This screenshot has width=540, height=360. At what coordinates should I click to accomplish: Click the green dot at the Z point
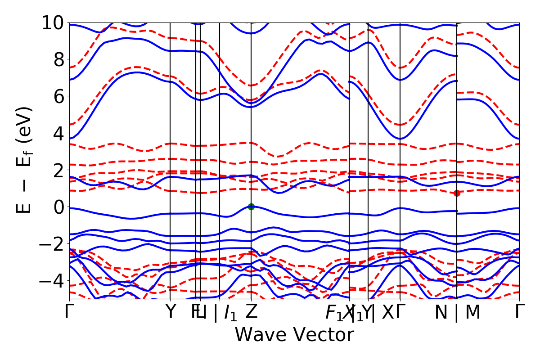pyautogui.click(x=251, y=207)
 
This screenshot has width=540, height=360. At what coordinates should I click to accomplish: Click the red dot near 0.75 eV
pyautogui.click(x=457, y=193)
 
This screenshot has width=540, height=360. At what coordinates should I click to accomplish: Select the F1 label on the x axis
pyautogui.click(x=333, y=312)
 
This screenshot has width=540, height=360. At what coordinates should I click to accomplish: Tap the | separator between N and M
pyautogui.click(x=457, y=312)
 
